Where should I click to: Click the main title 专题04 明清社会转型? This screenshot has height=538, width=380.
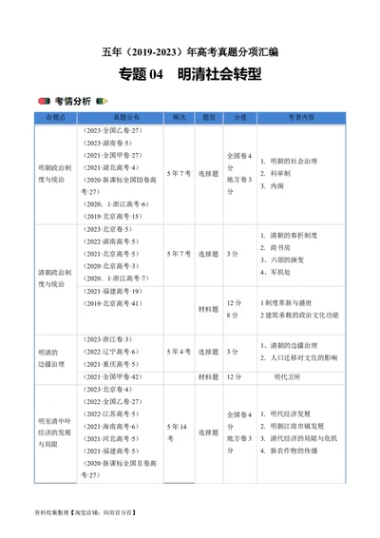191,73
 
